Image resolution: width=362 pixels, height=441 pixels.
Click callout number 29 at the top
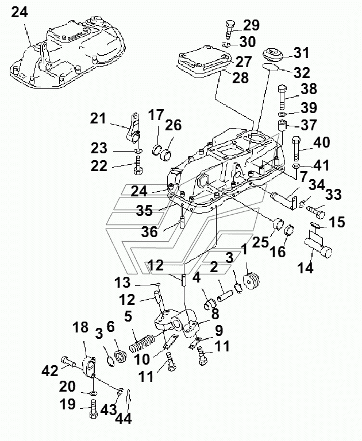pyautogui.click(x=251, y=25)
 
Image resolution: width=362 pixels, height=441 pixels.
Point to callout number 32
pyautogui.click(x=302, y=73)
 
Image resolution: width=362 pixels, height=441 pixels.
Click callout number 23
pyautogui.click(x=99, y=148)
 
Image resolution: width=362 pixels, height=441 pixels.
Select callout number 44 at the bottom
pyautogui.click(x=124, y=419)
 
